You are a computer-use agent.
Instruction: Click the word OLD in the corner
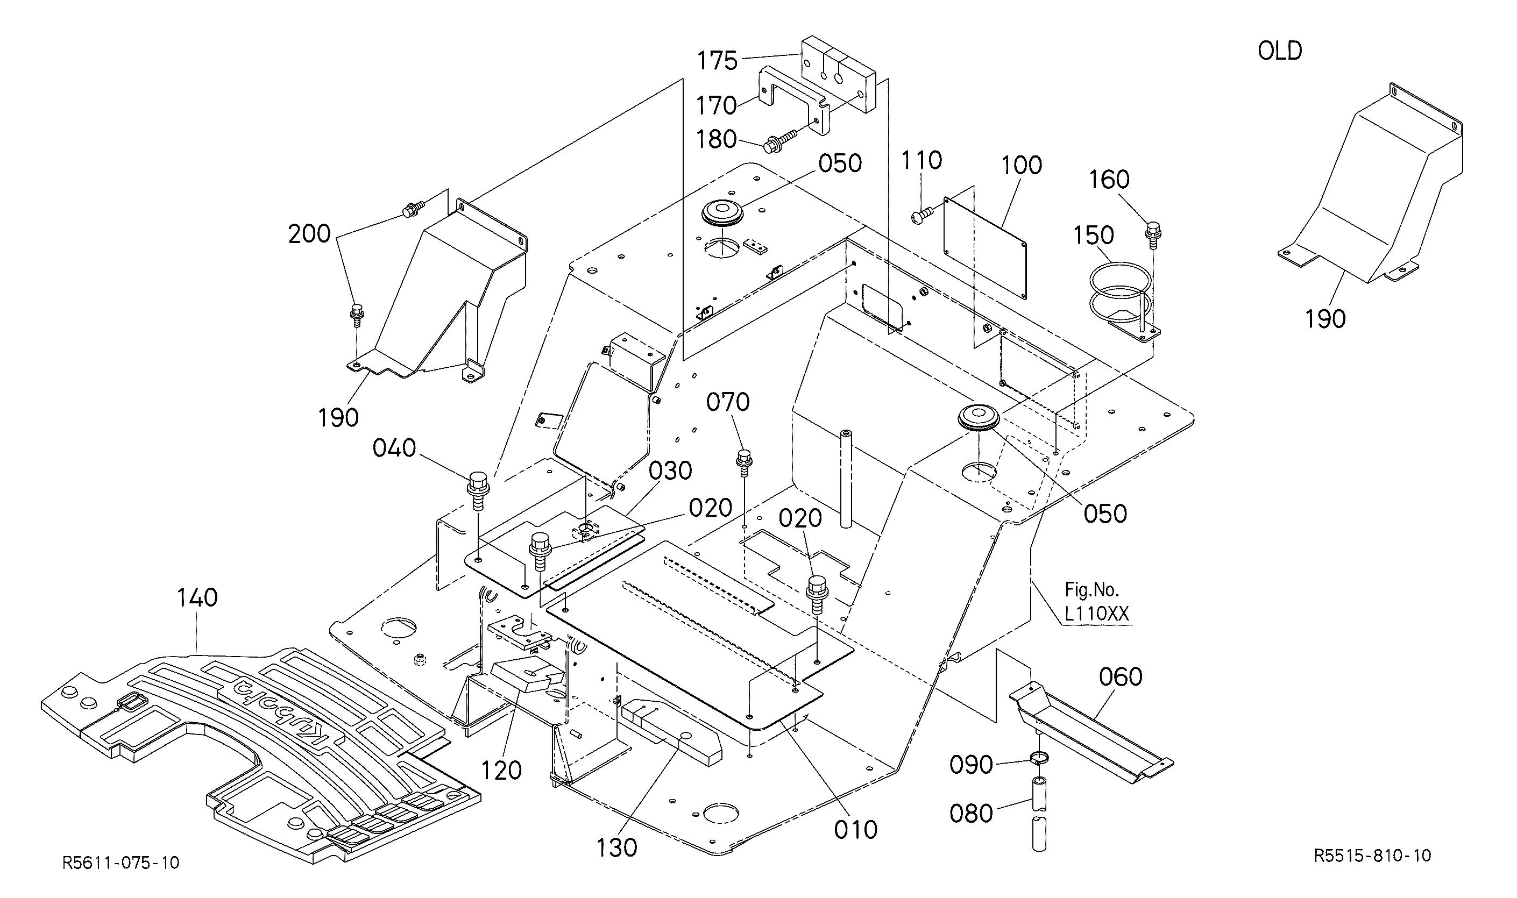(x=1280, y=51)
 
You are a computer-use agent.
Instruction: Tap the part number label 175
(x=717, y=61)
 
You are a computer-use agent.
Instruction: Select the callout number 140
(x=197, y=598)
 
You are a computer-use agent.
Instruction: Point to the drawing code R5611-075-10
(x=121, y=863)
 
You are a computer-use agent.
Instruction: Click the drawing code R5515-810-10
(x=1372, y=855)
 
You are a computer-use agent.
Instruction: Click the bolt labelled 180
(x=785, y=139)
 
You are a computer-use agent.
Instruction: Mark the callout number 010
(x=856, y=830)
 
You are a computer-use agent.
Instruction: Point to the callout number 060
(x=1121, y=677)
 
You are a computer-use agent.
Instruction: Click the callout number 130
(x=617, y=849)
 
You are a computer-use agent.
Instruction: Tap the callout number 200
(x=309, y=234)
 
